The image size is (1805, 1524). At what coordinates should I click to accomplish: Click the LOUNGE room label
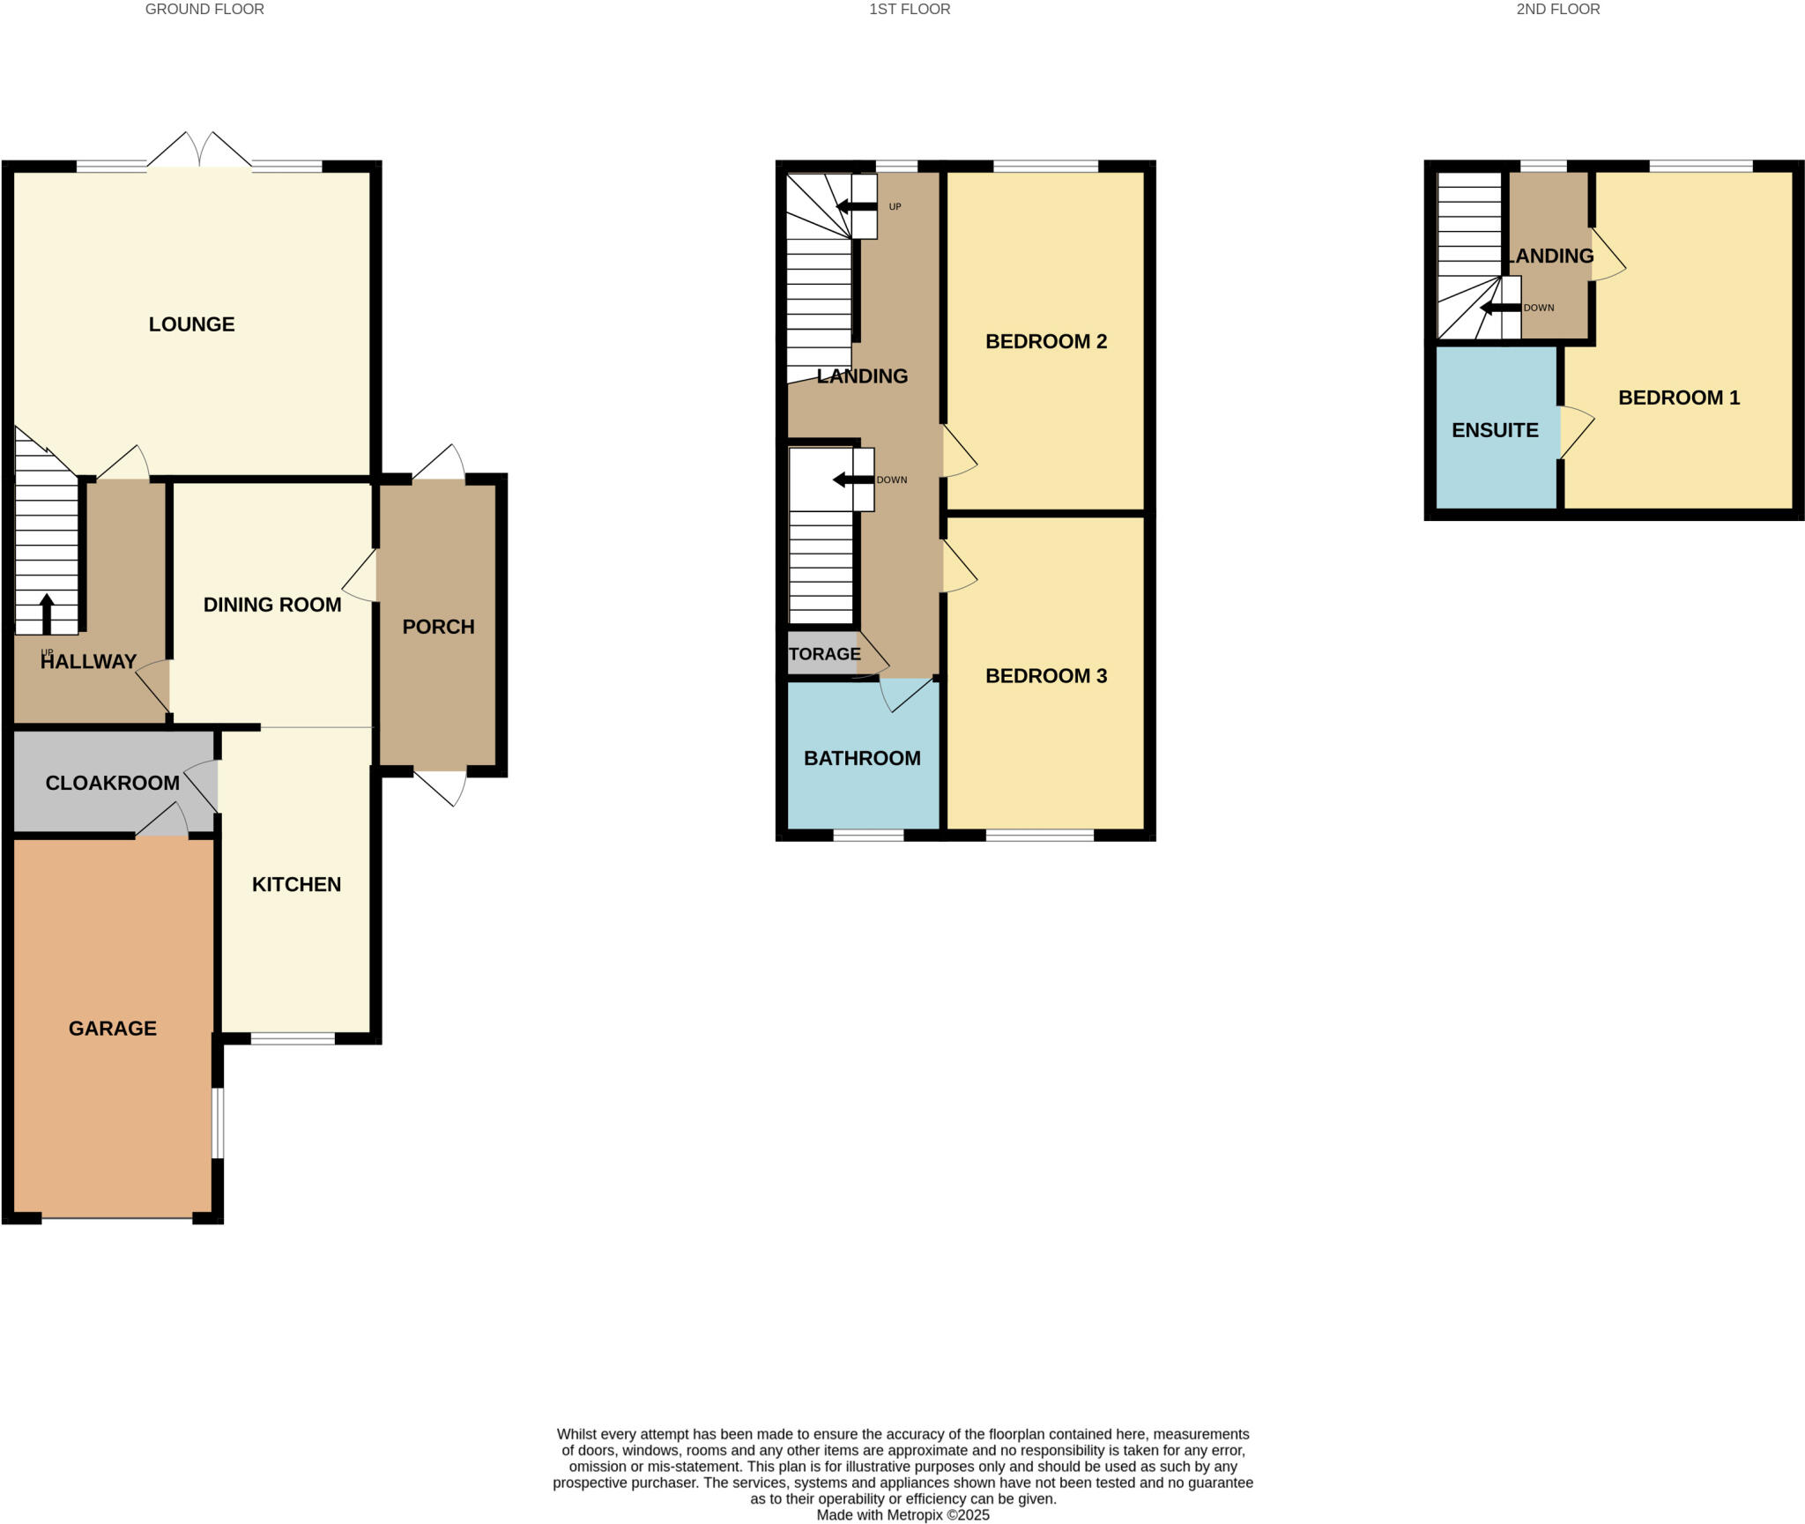(191, 324)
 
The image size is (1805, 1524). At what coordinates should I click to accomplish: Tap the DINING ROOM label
(272, 605)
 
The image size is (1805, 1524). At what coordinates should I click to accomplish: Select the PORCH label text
(438, 627)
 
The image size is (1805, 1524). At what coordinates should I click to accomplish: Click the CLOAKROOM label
(112, 783)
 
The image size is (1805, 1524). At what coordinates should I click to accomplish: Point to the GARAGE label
(113, 1028)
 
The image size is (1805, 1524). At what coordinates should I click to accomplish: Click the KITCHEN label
(296, 884)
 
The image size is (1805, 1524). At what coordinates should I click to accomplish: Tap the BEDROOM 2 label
(1045, 341)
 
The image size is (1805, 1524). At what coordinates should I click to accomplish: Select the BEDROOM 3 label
(1045, 676)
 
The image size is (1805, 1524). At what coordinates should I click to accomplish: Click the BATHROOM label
(862, 758)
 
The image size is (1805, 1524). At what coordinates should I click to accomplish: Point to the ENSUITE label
(1495, 430)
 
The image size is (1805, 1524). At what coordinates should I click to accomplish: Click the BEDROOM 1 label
(1678, 398)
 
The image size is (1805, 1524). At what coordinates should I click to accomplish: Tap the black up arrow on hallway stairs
(47, 613)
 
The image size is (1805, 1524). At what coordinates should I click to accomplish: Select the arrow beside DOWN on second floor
(1500, 308)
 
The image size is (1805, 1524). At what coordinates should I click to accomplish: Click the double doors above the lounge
(199, 152)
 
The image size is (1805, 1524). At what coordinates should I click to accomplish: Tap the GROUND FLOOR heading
(204, 10)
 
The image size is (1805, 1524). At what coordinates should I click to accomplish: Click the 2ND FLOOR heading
(1557, 10)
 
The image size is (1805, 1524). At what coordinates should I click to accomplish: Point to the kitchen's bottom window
(293, 1039)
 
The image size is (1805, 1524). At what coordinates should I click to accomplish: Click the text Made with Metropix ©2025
(902, 1515)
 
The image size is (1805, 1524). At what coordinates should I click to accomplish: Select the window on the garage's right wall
(217, 1122)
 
